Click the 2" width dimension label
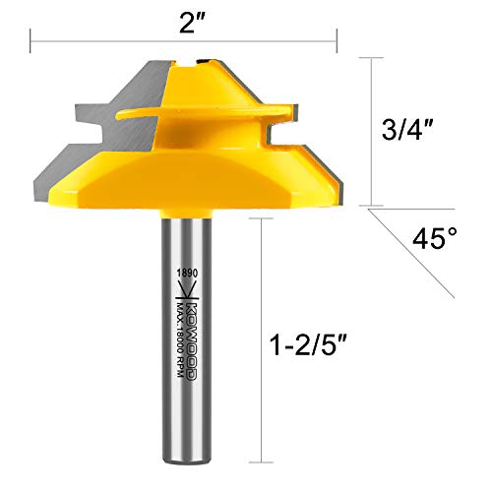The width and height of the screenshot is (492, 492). pyautogui.click(x=192, y=22)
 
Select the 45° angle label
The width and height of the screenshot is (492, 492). pyautogui.click(x=434, y=238)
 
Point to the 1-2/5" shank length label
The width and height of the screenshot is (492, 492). pyautogui.click(x=308, y=344)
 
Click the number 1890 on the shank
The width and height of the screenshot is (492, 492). pyautogui.click(x=187, y=273)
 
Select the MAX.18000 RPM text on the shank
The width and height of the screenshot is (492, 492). pyautogui.click(x=180, y=339)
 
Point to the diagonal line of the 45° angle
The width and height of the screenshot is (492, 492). pyautogui.click(x=411, y=253)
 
